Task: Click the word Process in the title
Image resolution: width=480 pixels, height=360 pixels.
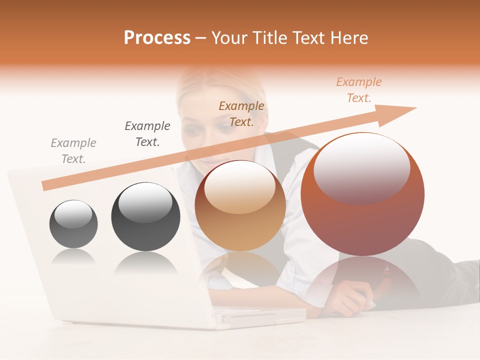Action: (157, 38)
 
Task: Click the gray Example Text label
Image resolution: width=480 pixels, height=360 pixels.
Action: (73, 150)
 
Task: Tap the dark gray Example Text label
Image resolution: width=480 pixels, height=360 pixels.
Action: (147, 133)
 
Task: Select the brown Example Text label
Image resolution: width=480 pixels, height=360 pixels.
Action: (241, 113)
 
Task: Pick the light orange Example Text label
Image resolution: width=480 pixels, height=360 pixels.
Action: (358, 89)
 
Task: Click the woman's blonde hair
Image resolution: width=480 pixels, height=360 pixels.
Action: (200, 85)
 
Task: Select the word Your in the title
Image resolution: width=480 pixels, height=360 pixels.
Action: (229, 38)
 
